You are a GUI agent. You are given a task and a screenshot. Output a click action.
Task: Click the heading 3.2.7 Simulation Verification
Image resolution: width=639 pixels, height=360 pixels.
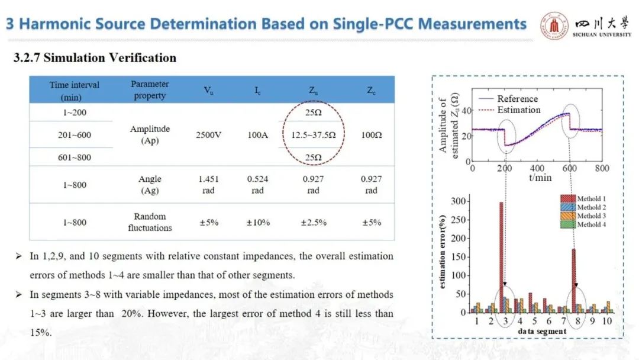[x=95, y=58]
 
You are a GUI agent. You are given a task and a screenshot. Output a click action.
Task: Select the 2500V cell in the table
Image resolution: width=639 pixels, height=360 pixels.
[x=209, y=135]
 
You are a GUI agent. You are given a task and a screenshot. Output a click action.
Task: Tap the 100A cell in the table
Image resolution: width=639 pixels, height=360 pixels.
[x=258, y=135]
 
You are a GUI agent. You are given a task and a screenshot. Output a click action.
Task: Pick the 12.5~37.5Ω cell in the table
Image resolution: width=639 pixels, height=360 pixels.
[x=313, y=135]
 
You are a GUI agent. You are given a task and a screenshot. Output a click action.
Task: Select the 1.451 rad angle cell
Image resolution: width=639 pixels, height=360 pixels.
[x=209, y=185]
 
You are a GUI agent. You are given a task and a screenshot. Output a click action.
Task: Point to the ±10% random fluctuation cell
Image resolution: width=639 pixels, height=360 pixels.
[x=258, y=223]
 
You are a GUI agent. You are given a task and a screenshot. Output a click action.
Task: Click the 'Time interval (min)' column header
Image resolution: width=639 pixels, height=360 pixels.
[x=75, y=91]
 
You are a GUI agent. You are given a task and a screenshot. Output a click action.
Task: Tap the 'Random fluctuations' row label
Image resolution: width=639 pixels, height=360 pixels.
[x=150, y=222]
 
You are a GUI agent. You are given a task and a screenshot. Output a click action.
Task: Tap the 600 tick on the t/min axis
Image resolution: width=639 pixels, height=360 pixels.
[x=569, y=168]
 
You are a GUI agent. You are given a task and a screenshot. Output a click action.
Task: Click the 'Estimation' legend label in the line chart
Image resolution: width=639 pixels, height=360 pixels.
[x=518, y=110]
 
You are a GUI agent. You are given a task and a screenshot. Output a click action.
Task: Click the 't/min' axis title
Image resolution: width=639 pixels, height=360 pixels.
[x=538, y=176]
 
